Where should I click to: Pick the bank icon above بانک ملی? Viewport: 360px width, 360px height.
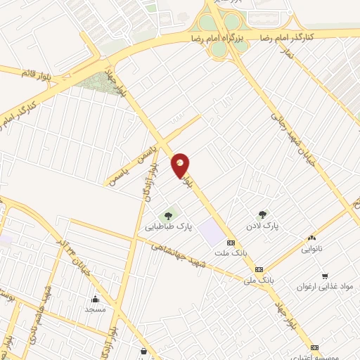(x=259, y=269)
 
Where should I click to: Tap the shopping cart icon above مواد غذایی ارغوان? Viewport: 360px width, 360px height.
(x=324, y=276)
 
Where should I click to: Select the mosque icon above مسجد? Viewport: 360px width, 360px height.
(x=95, y=299)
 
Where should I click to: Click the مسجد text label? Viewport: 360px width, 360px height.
(x=95, y=309)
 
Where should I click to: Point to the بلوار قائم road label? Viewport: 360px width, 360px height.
(x=37, y=72)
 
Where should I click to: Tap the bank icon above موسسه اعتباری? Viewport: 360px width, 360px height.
(x=314, y=347)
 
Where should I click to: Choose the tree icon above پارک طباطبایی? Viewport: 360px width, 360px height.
(x=168, y=215)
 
